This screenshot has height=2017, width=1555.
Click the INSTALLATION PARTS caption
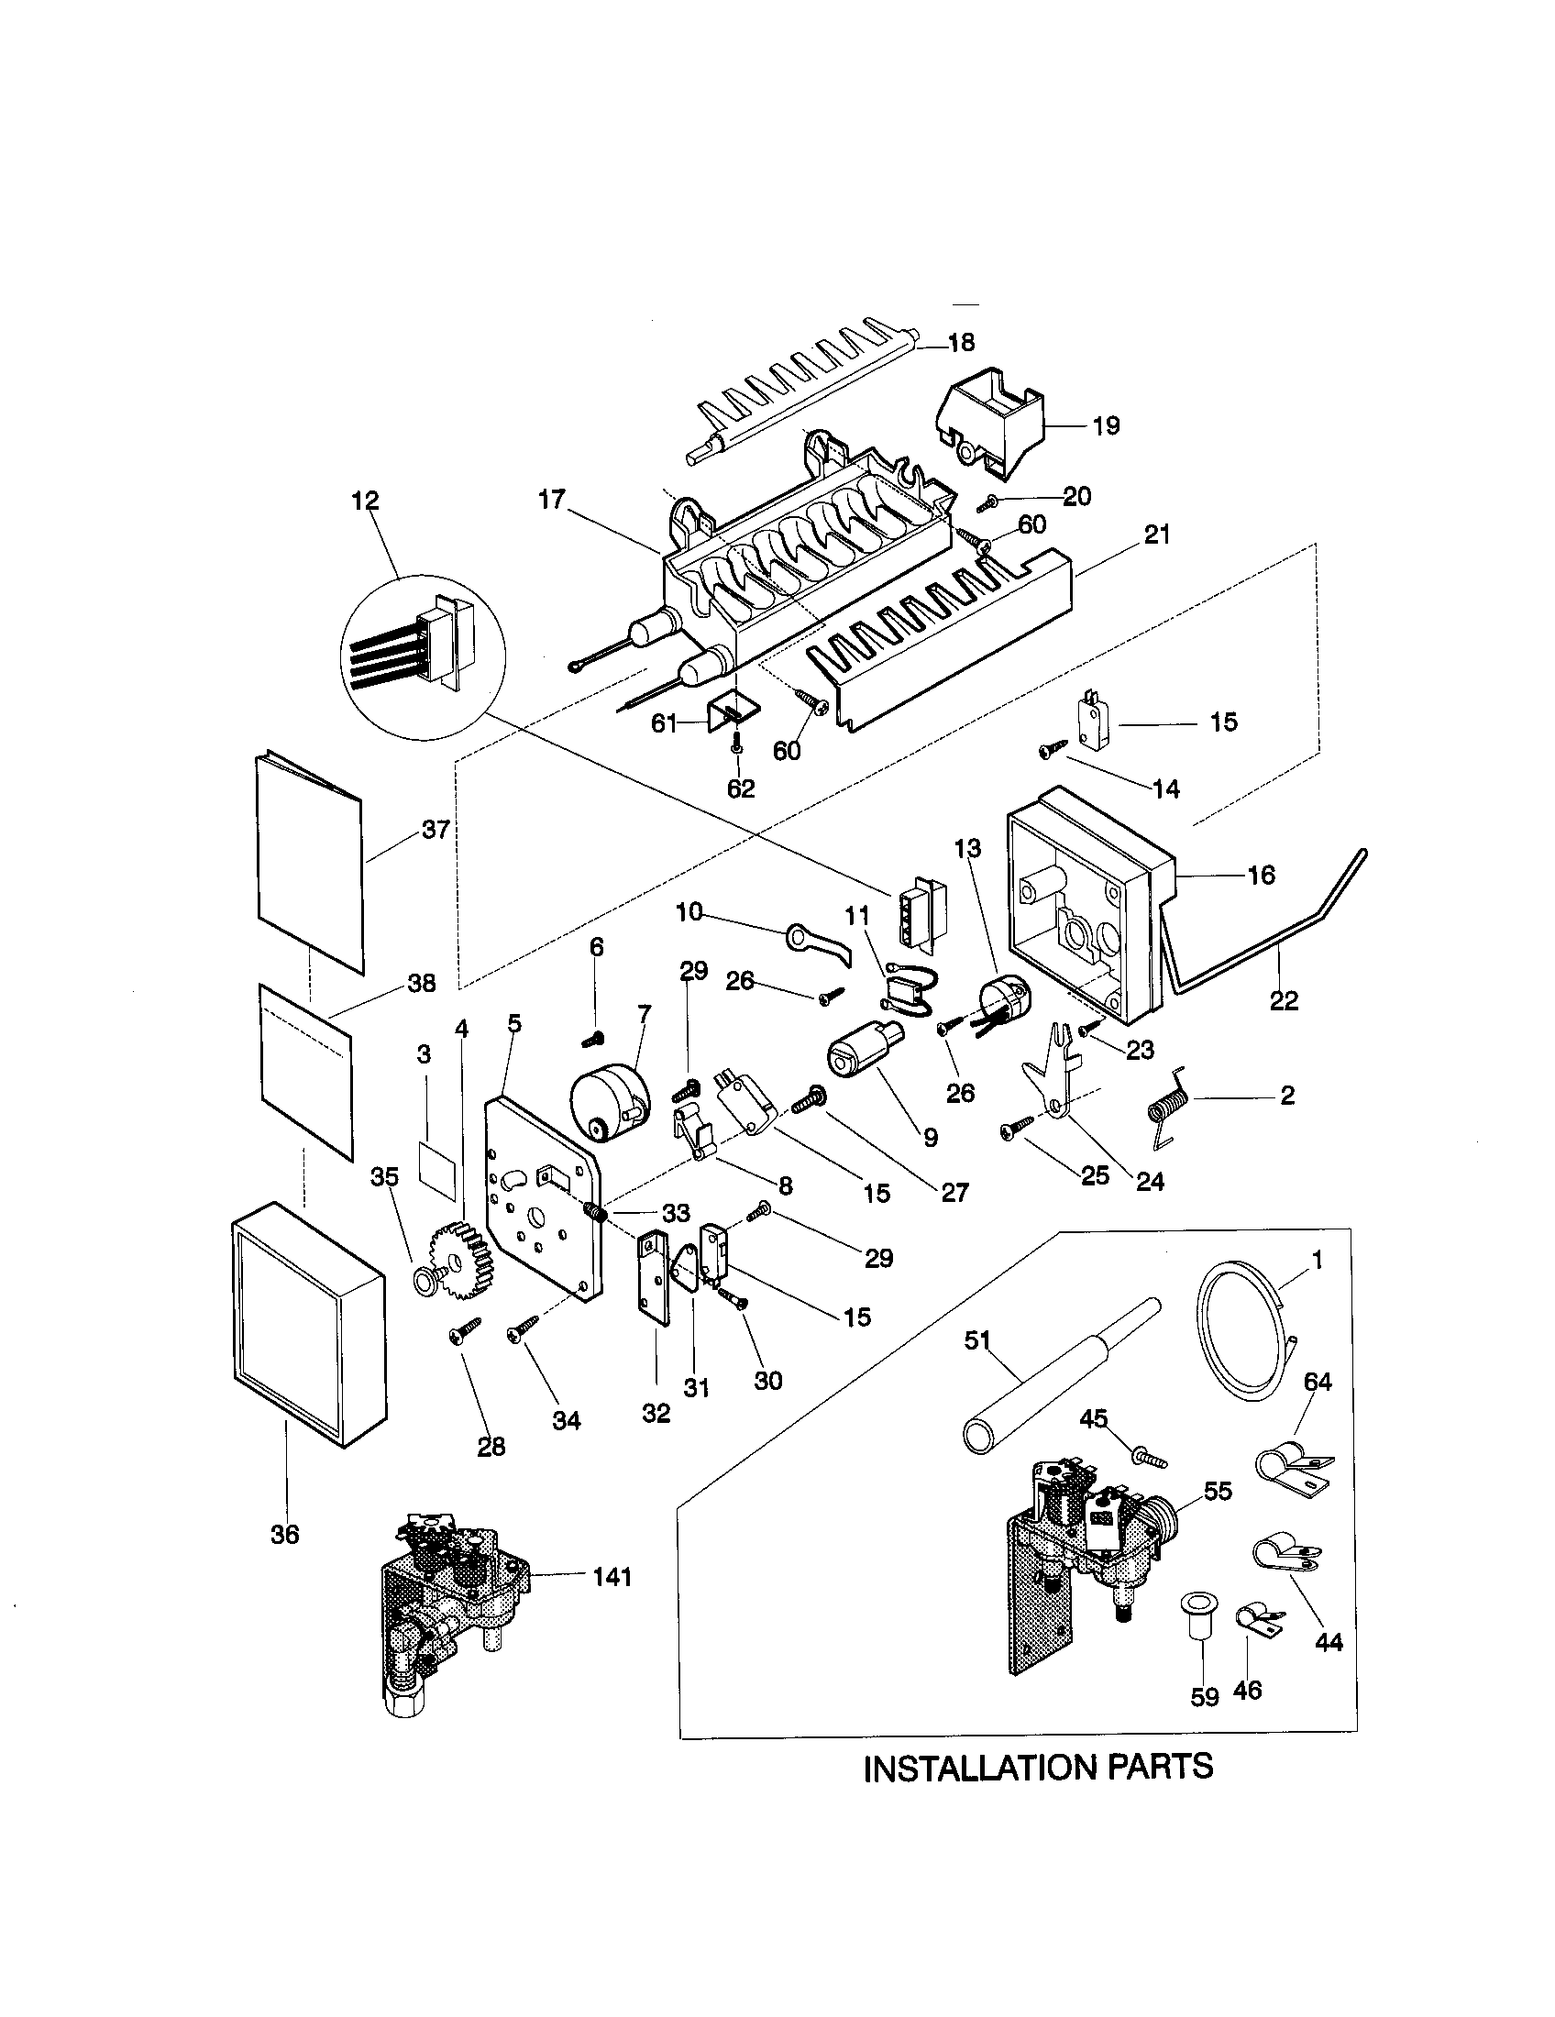1037,1767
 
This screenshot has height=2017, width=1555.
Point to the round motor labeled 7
608,1098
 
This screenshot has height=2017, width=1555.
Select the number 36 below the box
285,1534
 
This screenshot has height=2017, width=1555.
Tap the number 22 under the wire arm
1283,1000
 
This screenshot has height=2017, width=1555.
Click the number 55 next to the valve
1218,1492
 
